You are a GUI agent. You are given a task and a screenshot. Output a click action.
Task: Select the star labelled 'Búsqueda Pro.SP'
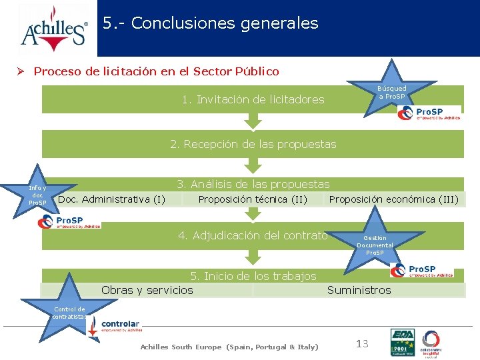(x=392, y=91)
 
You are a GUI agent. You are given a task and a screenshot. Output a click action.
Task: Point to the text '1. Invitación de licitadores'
(x=253, y=100)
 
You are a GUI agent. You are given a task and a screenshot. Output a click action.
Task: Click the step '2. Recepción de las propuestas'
(x=253, y=144)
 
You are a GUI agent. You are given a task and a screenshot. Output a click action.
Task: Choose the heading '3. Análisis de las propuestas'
(x=253, y=184)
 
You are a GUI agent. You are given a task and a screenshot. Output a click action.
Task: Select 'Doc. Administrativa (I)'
(x=112, y=199)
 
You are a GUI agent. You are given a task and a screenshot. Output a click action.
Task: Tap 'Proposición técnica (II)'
(x=253, y=199)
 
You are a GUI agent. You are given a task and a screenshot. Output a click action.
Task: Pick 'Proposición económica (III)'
(x=394, y=199)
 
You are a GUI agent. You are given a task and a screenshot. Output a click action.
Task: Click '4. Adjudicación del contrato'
(x=253, y=235)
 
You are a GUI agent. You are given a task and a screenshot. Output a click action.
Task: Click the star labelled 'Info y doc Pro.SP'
(x=38, y=195)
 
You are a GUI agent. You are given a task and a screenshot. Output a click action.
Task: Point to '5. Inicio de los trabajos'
(x=253, y=276)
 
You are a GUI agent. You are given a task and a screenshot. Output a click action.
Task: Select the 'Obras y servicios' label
(x=147, y=290)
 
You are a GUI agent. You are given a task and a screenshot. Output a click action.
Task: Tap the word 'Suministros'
(x=359, y=290)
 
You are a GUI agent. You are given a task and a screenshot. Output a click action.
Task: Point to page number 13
(x=362, y=344)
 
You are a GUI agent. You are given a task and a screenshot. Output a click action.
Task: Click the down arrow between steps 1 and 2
(x=253, y=121)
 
